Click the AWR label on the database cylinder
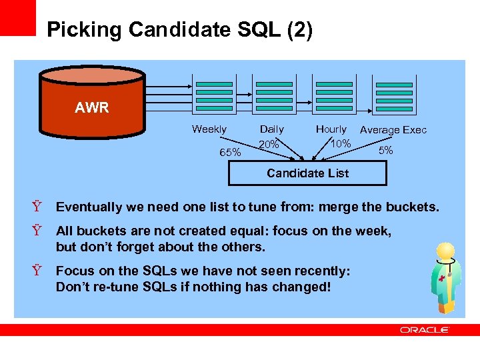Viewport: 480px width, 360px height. coord(92,108)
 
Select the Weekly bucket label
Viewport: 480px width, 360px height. coord(209,129)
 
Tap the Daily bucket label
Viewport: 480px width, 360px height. coord(271,129)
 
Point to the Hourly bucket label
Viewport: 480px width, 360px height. coord(331,129)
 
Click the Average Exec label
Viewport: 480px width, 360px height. coord(393,130)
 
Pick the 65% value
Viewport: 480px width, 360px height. coord(231,152)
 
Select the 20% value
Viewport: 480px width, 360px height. coord(269,145)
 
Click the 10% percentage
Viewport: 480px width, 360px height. coord(341,144)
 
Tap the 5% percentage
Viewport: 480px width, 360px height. coord(385,151)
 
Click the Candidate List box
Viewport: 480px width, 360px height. coord(307,173)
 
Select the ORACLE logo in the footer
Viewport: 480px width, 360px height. coord(425,330)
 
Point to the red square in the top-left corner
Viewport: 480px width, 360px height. coord(17,17)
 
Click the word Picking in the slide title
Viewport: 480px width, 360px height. coord(85,30)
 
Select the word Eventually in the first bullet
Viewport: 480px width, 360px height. coord(90,207)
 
